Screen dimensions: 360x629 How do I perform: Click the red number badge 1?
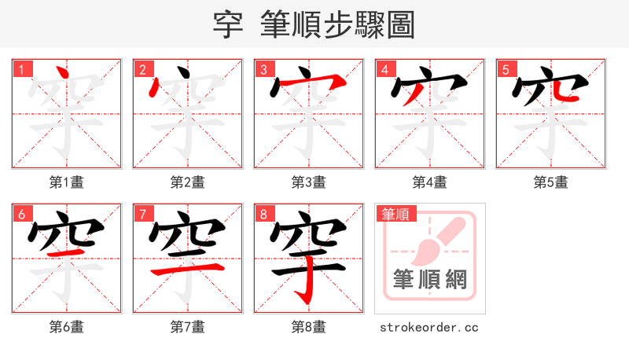pyautogui.click(x=20, y=69)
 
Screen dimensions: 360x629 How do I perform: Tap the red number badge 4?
pyautogui.click(x=384, y=69)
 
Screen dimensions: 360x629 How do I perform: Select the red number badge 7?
pyautogui.click(x=142, y=214)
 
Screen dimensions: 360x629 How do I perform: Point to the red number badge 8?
pyautogui.click(x=263, y=214)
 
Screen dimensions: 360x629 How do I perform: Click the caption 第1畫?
pyautogui.click(x=67, y=182)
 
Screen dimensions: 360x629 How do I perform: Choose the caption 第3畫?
pyautogui.click(x=309, y=182)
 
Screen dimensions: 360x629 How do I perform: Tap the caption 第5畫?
pyautogui.click(x=551, y=182)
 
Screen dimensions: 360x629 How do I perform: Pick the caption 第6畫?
pyautogui.click(x=67, y=327)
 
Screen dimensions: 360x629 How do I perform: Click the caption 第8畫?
pyautogui.click(x=309, y=327)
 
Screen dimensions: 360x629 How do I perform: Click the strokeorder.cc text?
pyautogui.click(x=429, y=327)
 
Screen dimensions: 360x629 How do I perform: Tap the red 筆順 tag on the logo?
pyautogui.click(x=395, y=213)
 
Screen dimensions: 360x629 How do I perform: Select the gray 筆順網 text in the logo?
pyautogui.click(x=429, y=280)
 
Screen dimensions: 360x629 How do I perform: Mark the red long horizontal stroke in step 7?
pyautogui.click(x=187, y=270)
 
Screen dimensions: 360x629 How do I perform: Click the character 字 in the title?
pyautogui.click(x=227, y=24)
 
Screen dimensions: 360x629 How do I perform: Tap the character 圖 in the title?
pyautogui.click(x=399, y=24)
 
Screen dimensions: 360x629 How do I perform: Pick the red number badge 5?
pyautogui.click(x=505, y=69)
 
